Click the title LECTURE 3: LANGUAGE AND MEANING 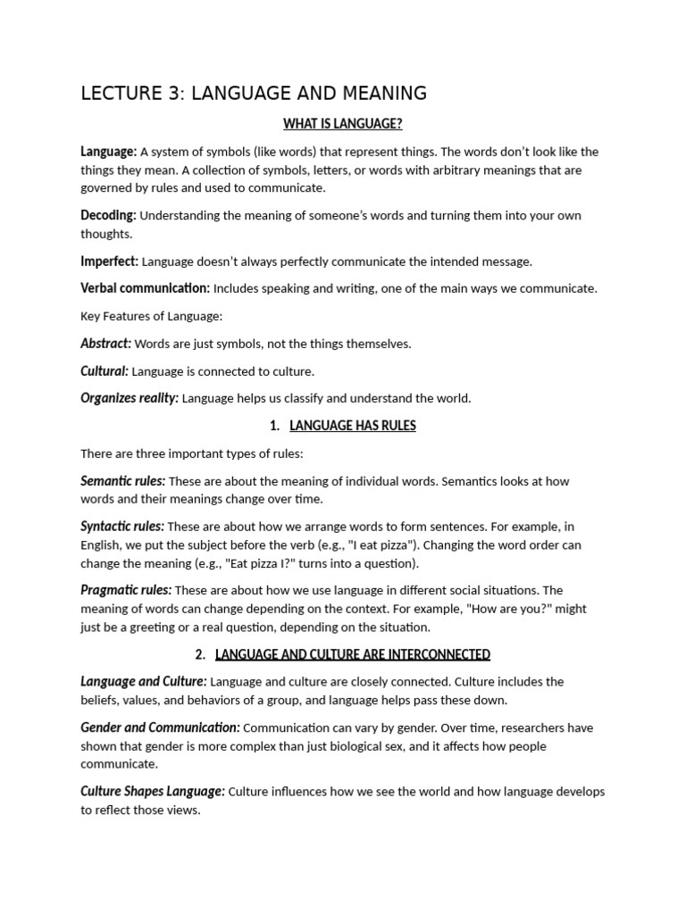(254, 93)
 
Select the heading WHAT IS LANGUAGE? (343, 123)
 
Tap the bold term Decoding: (108, 215)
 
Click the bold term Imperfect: (109, 262)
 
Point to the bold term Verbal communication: (145, 288)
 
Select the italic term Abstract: (105, 344)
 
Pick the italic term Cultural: (105, 371)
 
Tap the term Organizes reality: (130, 399)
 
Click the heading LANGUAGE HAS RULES (353, 426)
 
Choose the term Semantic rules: (122, 481)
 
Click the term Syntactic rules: (122, 527)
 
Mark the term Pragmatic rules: (125, 590)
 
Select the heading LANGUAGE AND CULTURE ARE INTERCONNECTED (353, 654)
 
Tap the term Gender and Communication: (160, 727)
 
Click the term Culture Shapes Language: (152, 792)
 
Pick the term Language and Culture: (143, 682)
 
